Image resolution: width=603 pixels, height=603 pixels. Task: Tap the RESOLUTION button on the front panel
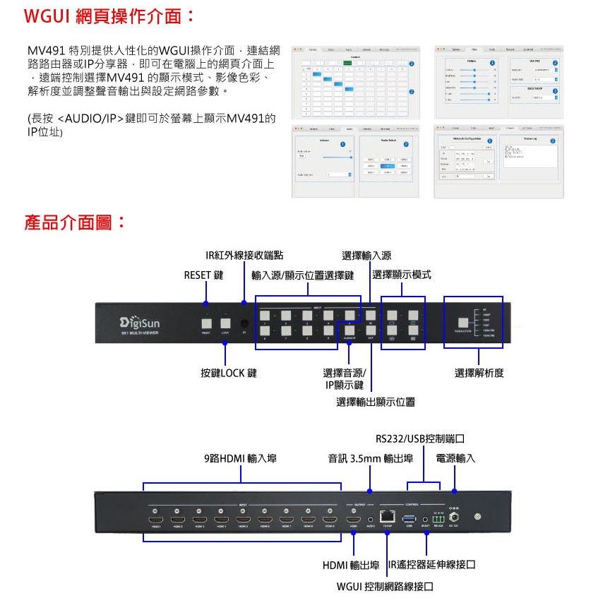point(463,317)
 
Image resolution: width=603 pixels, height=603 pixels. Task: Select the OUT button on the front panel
point(370,328)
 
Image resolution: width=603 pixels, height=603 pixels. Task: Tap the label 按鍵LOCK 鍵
point(228,373)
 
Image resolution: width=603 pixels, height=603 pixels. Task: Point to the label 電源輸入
point(455,459)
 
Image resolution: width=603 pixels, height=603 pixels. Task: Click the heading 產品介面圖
point(75,223)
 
